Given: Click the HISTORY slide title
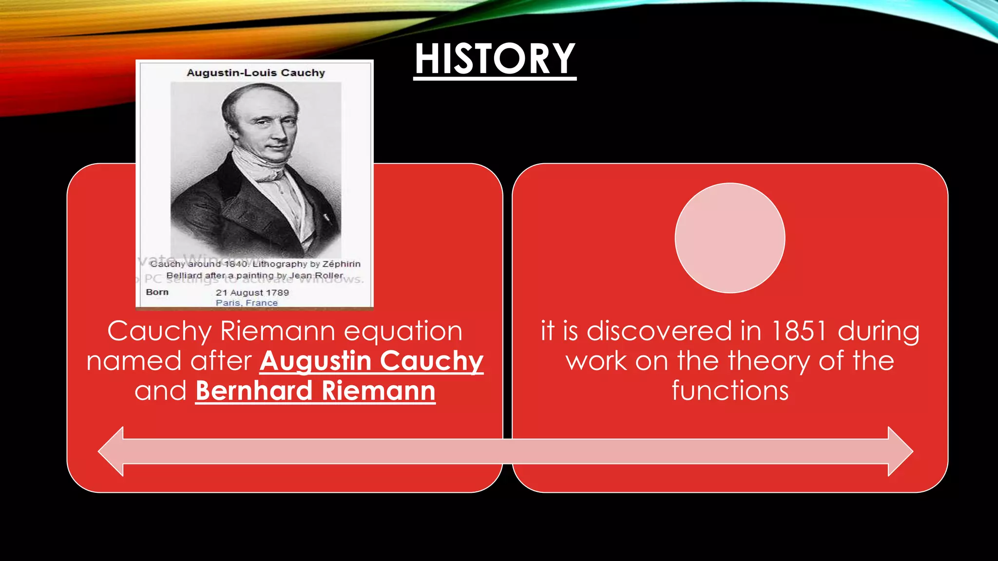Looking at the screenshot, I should [x=495, y=59].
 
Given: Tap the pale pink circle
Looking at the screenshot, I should [x=729, y=238].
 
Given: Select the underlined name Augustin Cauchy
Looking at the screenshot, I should [x=371, y=361].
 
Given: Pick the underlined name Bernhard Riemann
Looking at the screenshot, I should [x=315, y=392].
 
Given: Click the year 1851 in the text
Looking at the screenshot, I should [x=799, y=331].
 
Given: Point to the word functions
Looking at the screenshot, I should [x=729, y=392].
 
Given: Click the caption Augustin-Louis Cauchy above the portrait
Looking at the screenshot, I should [x=255, y=73].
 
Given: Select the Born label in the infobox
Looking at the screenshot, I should [x=157, y=292].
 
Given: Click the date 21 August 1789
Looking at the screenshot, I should [x=252, y=293].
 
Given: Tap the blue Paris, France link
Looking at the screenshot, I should [x=247, y=303].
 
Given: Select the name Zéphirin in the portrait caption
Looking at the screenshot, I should [x=341, y=264].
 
